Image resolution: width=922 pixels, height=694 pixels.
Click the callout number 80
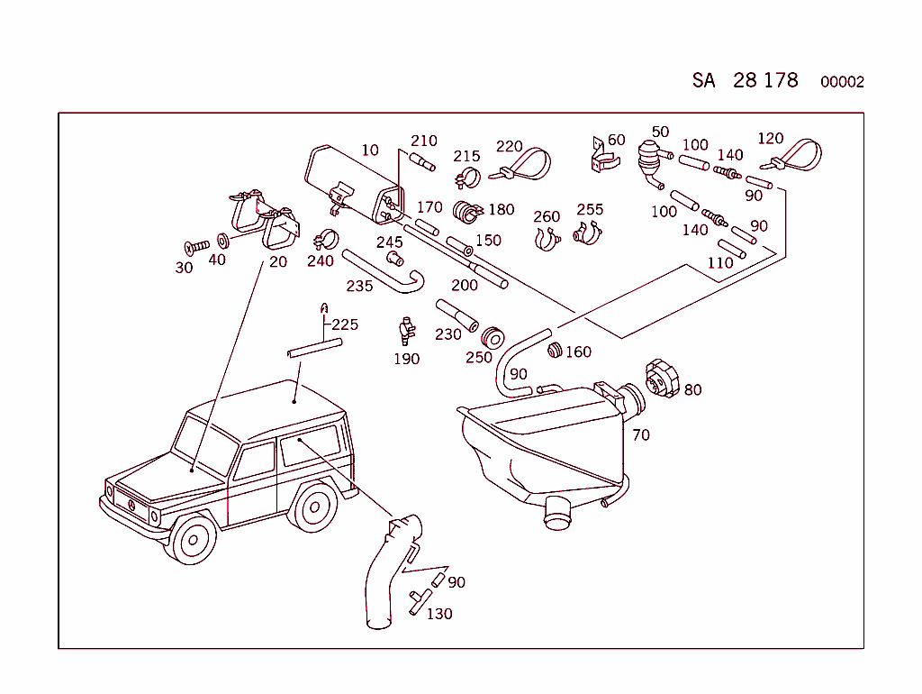(692, 390)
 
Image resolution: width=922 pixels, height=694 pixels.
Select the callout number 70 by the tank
(641, 435)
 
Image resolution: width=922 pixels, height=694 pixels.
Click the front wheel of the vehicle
(192, 539)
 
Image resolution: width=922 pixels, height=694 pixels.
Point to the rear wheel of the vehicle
(314, 507)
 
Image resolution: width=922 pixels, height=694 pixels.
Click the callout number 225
(345, 324)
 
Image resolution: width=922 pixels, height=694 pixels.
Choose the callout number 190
(406, 359)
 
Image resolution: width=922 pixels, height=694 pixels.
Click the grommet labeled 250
(493, 338)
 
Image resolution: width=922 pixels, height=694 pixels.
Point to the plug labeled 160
(555, 349)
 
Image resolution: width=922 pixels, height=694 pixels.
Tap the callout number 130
(439, 614)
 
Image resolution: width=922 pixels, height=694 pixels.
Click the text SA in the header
(703, 80)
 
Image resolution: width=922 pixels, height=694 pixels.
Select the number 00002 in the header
(842, 82)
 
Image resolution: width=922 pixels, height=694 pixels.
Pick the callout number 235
(359, 286)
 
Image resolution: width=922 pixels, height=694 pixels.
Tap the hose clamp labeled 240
(325, 242)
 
